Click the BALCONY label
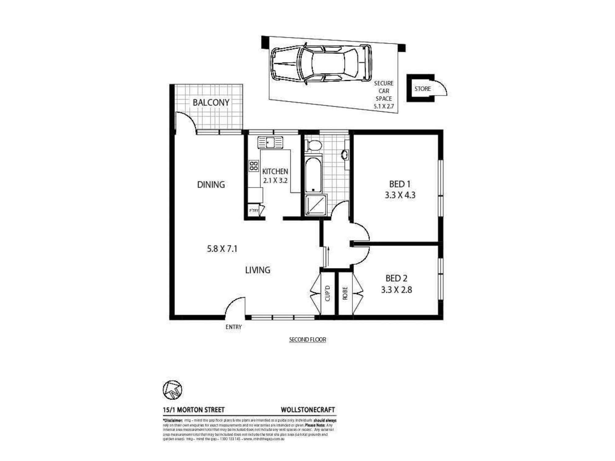tap(211, 102)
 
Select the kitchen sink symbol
tap(270, 143)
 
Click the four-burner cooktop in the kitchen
tap(254, 166)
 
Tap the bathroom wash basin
tap(345, 155)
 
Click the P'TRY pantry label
tap(254, 211)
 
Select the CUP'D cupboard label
tap(327, 293)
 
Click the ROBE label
tap(345, 293)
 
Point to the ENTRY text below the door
tap(234, 327)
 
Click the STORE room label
tap(423, 89)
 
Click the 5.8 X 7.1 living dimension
tap(222, 249)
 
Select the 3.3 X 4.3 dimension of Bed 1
tap(400, 195)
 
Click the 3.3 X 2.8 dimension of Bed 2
tap(396, 290)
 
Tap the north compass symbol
tap(172, 390)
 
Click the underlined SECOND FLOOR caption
tap(307, 340)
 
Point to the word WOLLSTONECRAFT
tap(308, 410)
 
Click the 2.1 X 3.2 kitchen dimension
tap(275, 180)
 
